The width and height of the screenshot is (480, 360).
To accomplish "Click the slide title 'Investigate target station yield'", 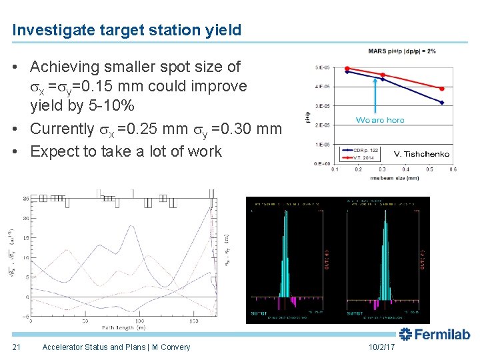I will point(127,30).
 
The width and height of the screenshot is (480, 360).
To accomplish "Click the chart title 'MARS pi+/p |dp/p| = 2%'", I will point(401,51).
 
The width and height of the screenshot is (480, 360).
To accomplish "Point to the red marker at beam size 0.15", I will point(347,68).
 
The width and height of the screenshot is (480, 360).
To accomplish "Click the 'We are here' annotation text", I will point(380,120).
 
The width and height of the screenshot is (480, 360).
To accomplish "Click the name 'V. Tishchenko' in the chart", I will point(421,154).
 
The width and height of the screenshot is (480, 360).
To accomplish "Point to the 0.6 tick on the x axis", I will point(453,169).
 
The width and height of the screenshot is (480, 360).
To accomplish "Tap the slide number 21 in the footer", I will point(17,347).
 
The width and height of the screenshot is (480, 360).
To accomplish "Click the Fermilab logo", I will point(435,334).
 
